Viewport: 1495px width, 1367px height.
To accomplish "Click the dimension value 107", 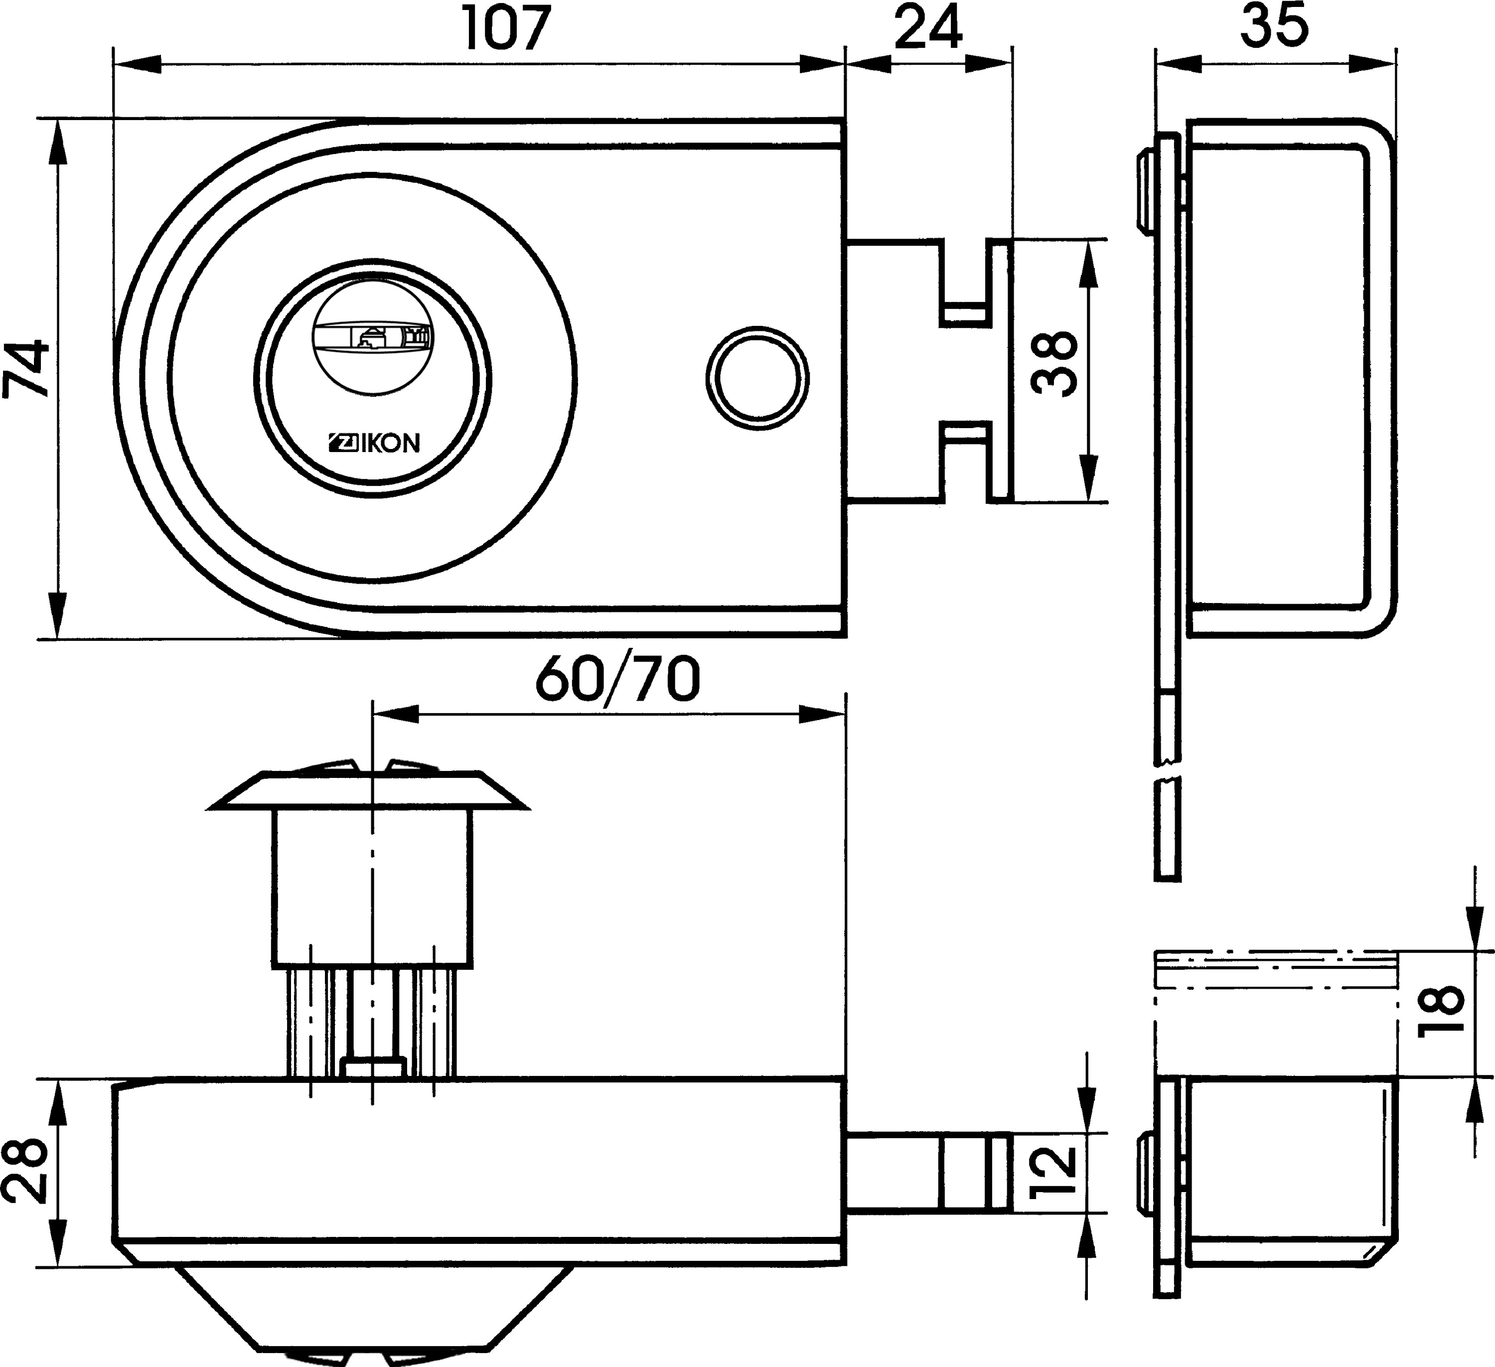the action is (x=508, y=28).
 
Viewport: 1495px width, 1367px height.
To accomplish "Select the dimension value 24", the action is (x=928, y=28).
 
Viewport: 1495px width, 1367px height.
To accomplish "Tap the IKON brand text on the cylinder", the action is (x=374, y=443).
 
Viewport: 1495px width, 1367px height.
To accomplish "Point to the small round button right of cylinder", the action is (x=757, y=378).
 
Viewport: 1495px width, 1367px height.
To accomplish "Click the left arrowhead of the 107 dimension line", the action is (x=137, y=63).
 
